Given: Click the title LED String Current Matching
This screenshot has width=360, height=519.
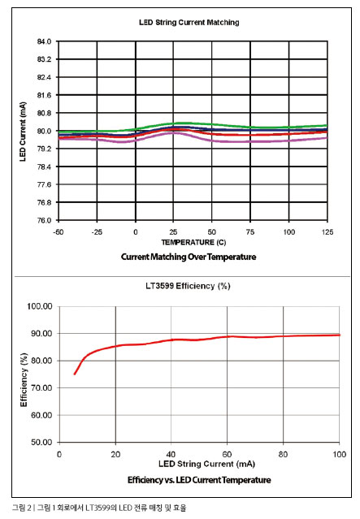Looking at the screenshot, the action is click(189, 23).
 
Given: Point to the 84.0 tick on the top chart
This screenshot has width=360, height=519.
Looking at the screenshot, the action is click(44, 41).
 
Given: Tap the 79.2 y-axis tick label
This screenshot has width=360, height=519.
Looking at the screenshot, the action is click(44, 149).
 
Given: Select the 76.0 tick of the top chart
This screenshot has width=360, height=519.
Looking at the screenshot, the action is click(44, 220).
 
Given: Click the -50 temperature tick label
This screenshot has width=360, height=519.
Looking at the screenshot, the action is click(59, 232).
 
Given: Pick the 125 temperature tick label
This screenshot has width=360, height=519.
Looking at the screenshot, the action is click(327, 232).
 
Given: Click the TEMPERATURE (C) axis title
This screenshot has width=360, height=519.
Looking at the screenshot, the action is click(193, 242).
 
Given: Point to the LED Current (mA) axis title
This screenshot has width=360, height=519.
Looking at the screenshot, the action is click(23, 132).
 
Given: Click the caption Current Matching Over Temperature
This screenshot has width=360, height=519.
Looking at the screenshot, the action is click(189, 257).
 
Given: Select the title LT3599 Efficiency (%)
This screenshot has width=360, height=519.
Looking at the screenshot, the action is click(188, 286).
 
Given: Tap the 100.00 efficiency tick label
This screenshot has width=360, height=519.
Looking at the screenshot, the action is click(40, 306).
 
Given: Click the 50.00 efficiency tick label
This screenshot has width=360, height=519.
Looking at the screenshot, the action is click(41, 442).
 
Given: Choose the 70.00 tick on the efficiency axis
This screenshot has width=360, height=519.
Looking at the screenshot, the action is click(41, 388).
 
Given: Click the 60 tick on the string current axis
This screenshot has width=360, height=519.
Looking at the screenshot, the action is click(228, 454).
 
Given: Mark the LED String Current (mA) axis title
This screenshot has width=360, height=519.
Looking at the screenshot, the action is click(206, 464).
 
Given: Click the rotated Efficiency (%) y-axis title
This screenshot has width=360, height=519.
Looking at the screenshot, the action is click(24, 379).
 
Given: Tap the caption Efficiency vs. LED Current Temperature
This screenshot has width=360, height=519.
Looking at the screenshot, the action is click(199, 480).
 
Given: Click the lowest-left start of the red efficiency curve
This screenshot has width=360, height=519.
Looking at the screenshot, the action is click(75, 374).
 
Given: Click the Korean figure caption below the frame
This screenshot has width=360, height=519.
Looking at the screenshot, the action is click(99, 508).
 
